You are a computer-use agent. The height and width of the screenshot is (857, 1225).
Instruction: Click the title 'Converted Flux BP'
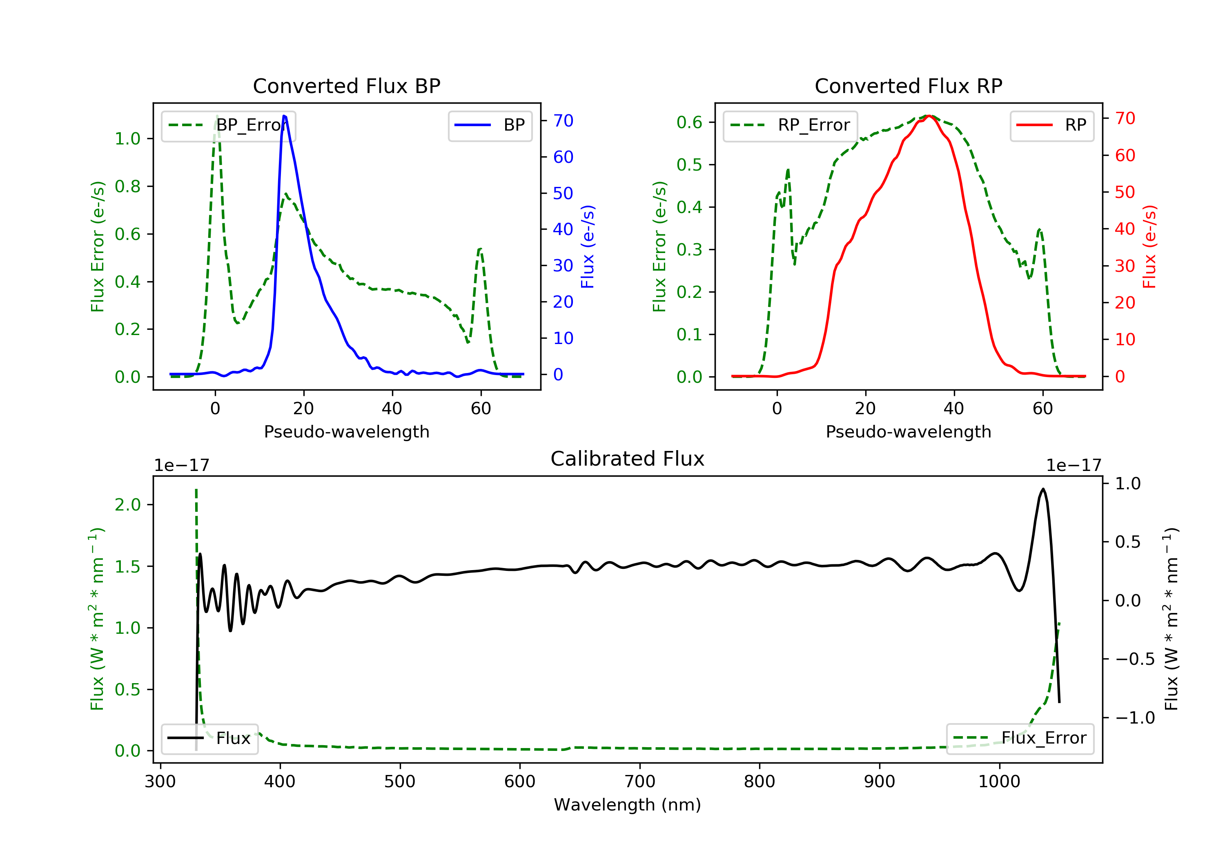[346, 86]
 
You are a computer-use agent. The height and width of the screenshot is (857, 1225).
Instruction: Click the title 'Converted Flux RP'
[908, 86]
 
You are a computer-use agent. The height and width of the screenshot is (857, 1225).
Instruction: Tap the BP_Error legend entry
[228, 125]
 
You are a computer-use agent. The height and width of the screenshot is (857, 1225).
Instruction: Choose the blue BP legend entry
[490, 125]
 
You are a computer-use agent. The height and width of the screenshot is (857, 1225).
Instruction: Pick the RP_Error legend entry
[790, 125]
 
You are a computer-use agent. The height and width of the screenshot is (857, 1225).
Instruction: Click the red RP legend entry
[1051, 125]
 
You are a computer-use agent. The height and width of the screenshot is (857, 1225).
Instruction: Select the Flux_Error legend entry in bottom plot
[1020, 738]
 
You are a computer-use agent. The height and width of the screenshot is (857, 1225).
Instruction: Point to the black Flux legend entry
[210, 738]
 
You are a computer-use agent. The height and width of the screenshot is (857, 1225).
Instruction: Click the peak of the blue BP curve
[284, 116]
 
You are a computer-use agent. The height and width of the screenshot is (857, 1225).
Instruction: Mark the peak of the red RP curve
[929, 116]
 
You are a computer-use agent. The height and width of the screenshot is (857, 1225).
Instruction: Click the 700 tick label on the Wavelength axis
[640, 782]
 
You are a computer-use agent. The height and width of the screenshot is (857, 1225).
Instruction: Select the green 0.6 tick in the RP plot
[689, 122]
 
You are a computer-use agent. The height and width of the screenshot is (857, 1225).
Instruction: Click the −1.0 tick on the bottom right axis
[1135, 718]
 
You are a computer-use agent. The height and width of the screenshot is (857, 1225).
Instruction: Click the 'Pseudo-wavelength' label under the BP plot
[346, 431]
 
